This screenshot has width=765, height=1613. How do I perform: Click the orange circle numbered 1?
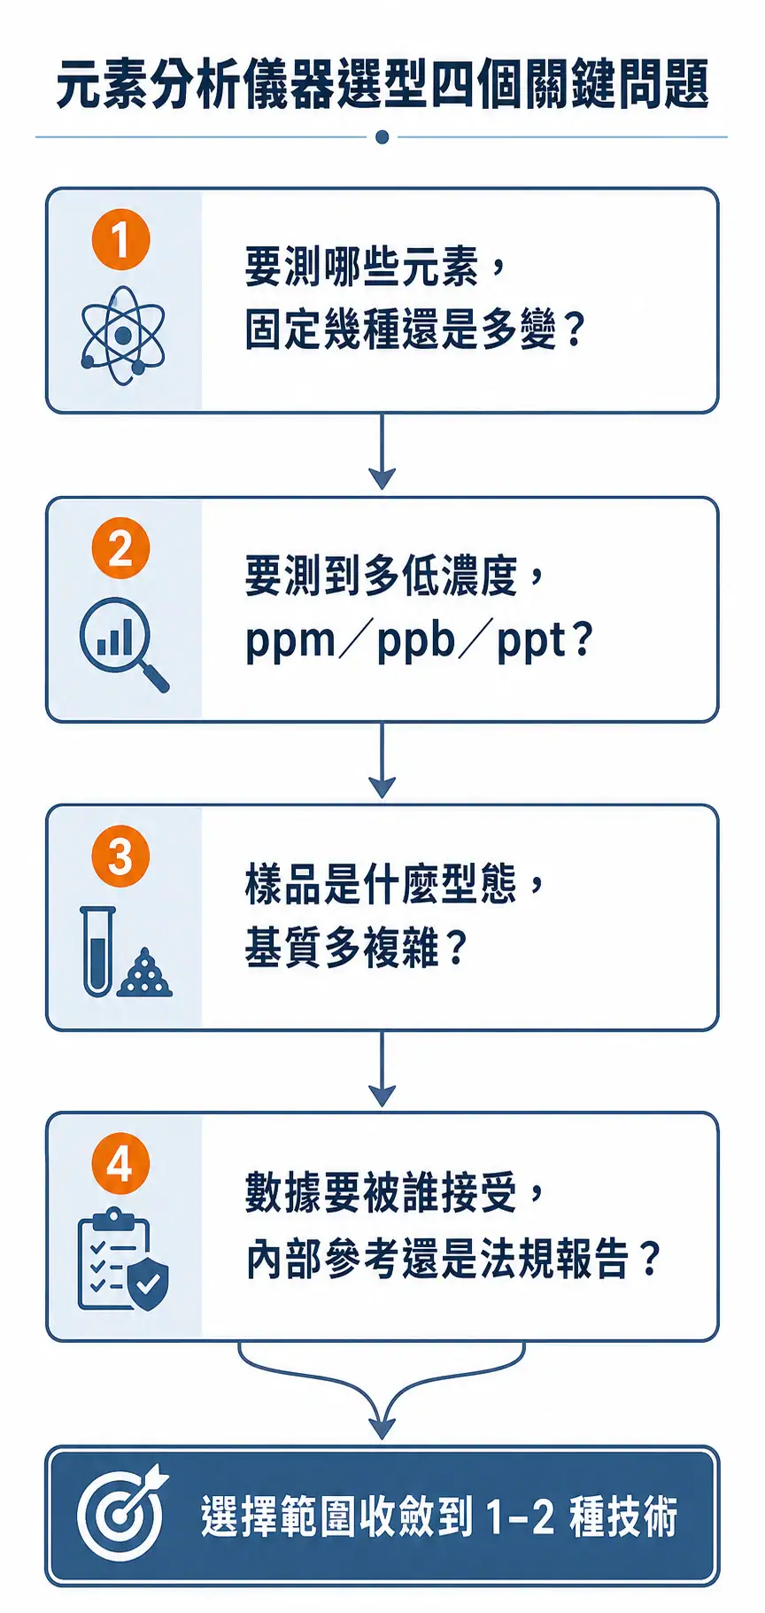pyautogui.click(x=121, y=239)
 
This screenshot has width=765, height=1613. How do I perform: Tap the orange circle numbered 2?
pyautogui.click(x=121, y=548)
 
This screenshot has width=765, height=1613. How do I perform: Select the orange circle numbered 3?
pyautogui.click(x=121, y=857)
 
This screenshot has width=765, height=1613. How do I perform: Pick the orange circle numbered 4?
pyautogui.click(x=121, y=1164)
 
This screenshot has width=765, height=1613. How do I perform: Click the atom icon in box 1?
pyautogui.click(x=123, y=335)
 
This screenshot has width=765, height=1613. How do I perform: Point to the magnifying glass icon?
pyautogui.click(x=123, y=643)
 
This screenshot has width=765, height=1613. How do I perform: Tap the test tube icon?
pyautogui.click(x=97, y=951)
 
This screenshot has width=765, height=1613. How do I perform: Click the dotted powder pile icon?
pyautogui.click(x=145, y=973)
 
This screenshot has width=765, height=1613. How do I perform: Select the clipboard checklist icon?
pyautogui.click(x=113, y=1258)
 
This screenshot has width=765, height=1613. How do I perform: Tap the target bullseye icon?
pyautogui.click(x=121, y=1515)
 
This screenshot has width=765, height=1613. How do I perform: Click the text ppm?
pyautogui.click(x=290, y=641)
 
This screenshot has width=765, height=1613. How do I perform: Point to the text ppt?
pyautogui.click(x=531, y=641)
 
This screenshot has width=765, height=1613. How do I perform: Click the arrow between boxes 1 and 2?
pyautogui.click(x=382, y=452)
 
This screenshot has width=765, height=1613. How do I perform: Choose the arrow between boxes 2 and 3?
pyautogui.click(x=382, y=760)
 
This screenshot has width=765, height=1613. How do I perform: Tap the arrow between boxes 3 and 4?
pyautogui.click(x=382, y=1069)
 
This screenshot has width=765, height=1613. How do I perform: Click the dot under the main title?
pyautogui.click(x=382, y=137)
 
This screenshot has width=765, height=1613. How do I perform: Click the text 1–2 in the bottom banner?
pyautogui.click(x=521, y=1516)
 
